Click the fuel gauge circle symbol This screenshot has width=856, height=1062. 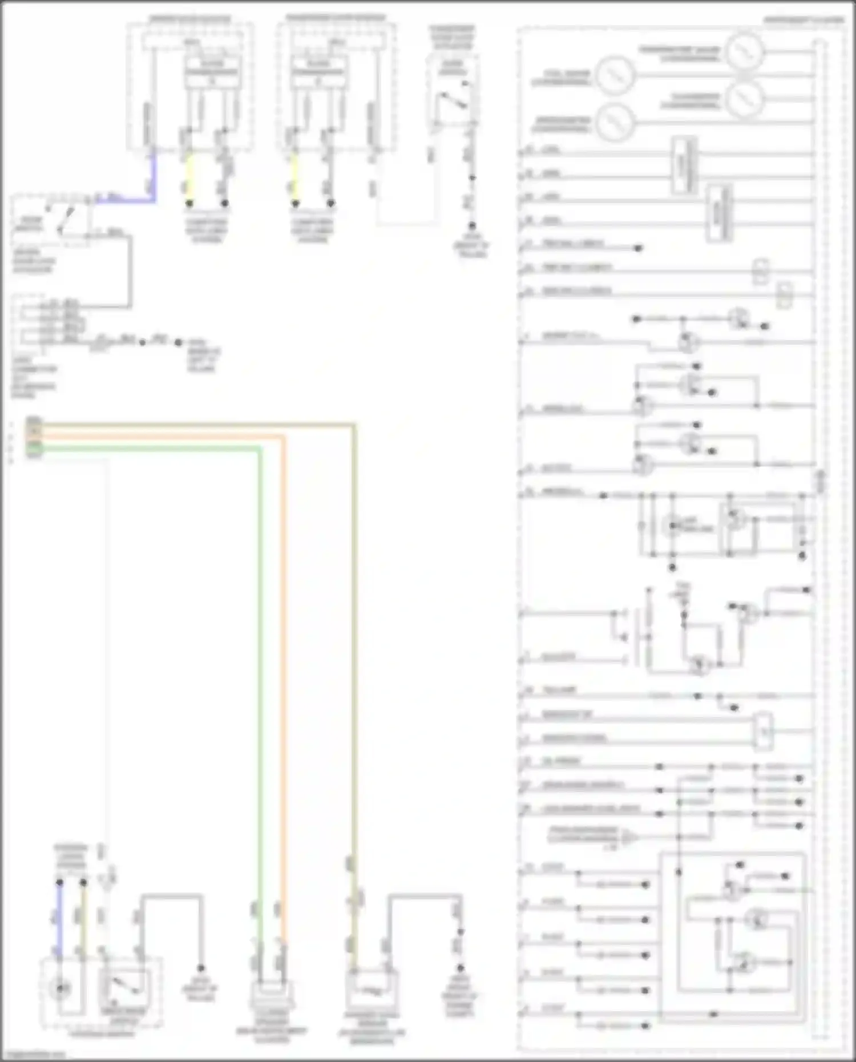pos(615,74)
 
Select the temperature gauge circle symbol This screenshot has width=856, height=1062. pos(744,50)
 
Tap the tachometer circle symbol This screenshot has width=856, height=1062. pos(744,98)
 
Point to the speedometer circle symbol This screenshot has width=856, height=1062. pos(615,122)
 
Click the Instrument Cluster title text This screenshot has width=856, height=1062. pos(803,20)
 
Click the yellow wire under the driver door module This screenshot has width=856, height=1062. pos(190,174)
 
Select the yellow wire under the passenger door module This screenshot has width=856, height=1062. pos(295,174)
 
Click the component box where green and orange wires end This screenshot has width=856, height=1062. pos(272,996)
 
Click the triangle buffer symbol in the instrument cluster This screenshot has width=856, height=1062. pos(629,838)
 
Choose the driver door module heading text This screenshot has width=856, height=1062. pos(190,19)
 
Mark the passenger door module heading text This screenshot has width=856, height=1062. pos(335,18)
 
